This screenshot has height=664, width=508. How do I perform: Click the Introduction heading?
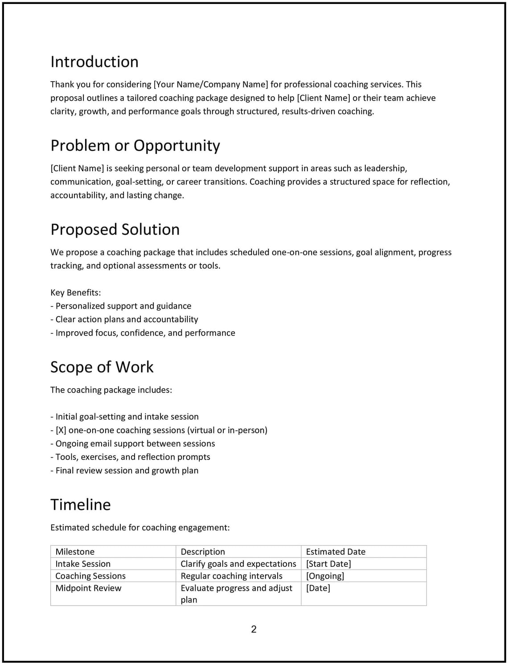click(x=94, y=61)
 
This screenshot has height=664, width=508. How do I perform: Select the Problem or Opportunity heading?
click(x=135, y=145)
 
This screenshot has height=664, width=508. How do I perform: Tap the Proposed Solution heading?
click(x=115, y=229)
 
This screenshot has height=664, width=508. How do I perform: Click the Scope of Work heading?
click(x=102, y=367)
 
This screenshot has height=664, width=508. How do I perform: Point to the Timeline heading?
click(x=80, y=504)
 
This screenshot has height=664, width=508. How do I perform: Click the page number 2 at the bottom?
click(x=254, y=629)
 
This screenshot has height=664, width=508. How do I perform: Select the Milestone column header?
click(x=75, y=551)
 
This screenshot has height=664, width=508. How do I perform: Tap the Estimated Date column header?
click(x=336, y=551)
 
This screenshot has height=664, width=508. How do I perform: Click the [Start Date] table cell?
click(x=328, y=564)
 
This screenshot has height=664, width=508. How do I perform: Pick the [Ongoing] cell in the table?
click(x=325, y=576)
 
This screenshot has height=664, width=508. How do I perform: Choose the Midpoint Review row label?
click(x=88, y=588)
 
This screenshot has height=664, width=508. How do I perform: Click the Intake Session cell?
click(x=83, y=564)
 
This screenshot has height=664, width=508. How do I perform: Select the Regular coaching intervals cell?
click(x=231, y=576)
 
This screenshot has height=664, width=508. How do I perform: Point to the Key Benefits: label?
click(x=76, y=292)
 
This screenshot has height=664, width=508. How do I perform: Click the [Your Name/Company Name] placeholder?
click(x=211, y=84)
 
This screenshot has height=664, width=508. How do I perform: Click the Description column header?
click(x=203, y=551)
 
